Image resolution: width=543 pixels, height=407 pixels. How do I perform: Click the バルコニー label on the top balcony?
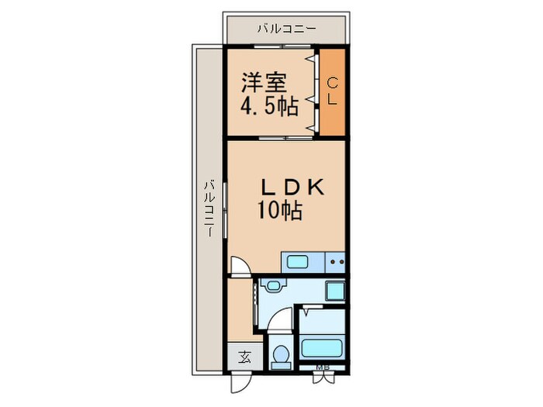click(x=286, y=29)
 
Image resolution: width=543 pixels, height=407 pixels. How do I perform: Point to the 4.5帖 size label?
click(x=269, y=105)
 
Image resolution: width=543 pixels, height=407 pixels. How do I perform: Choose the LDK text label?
click(x=292, y=187)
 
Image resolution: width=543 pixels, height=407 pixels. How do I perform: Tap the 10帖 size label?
click(x=280, y=210)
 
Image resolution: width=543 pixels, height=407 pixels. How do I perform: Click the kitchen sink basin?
click(x=298, y=261)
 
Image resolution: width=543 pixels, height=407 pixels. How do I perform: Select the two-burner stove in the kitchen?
click(x=337, y=262)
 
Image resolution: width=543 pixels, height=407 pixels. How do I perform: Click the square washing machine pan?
click(x=336, y=291)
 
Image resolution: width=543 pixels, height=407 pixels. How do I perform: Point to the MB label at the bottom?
click(x=323, y=367)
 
